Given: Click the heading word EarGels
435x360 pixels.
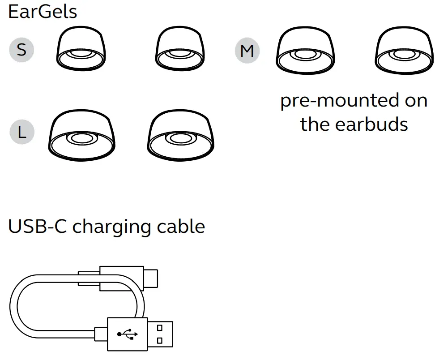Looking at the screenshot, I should point(43,12).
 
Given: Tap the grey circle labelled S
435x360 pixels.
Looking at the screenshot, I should point(21,49).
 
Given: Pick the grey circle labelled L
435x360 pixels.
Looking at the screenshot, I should point(21,132).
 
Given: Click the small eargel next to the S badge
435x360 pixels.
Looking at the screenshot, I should point(81,50).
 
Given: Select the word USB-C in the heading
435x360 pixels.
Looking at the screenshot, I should point(38,227).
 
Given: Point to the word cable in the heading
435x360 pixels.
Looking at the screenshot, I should point(181,227).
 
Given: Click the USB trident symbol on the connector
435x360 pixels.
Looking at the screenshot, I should point(128,334).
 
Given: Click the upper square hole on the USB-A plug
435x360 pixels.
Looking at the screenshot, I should point(160,327).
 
